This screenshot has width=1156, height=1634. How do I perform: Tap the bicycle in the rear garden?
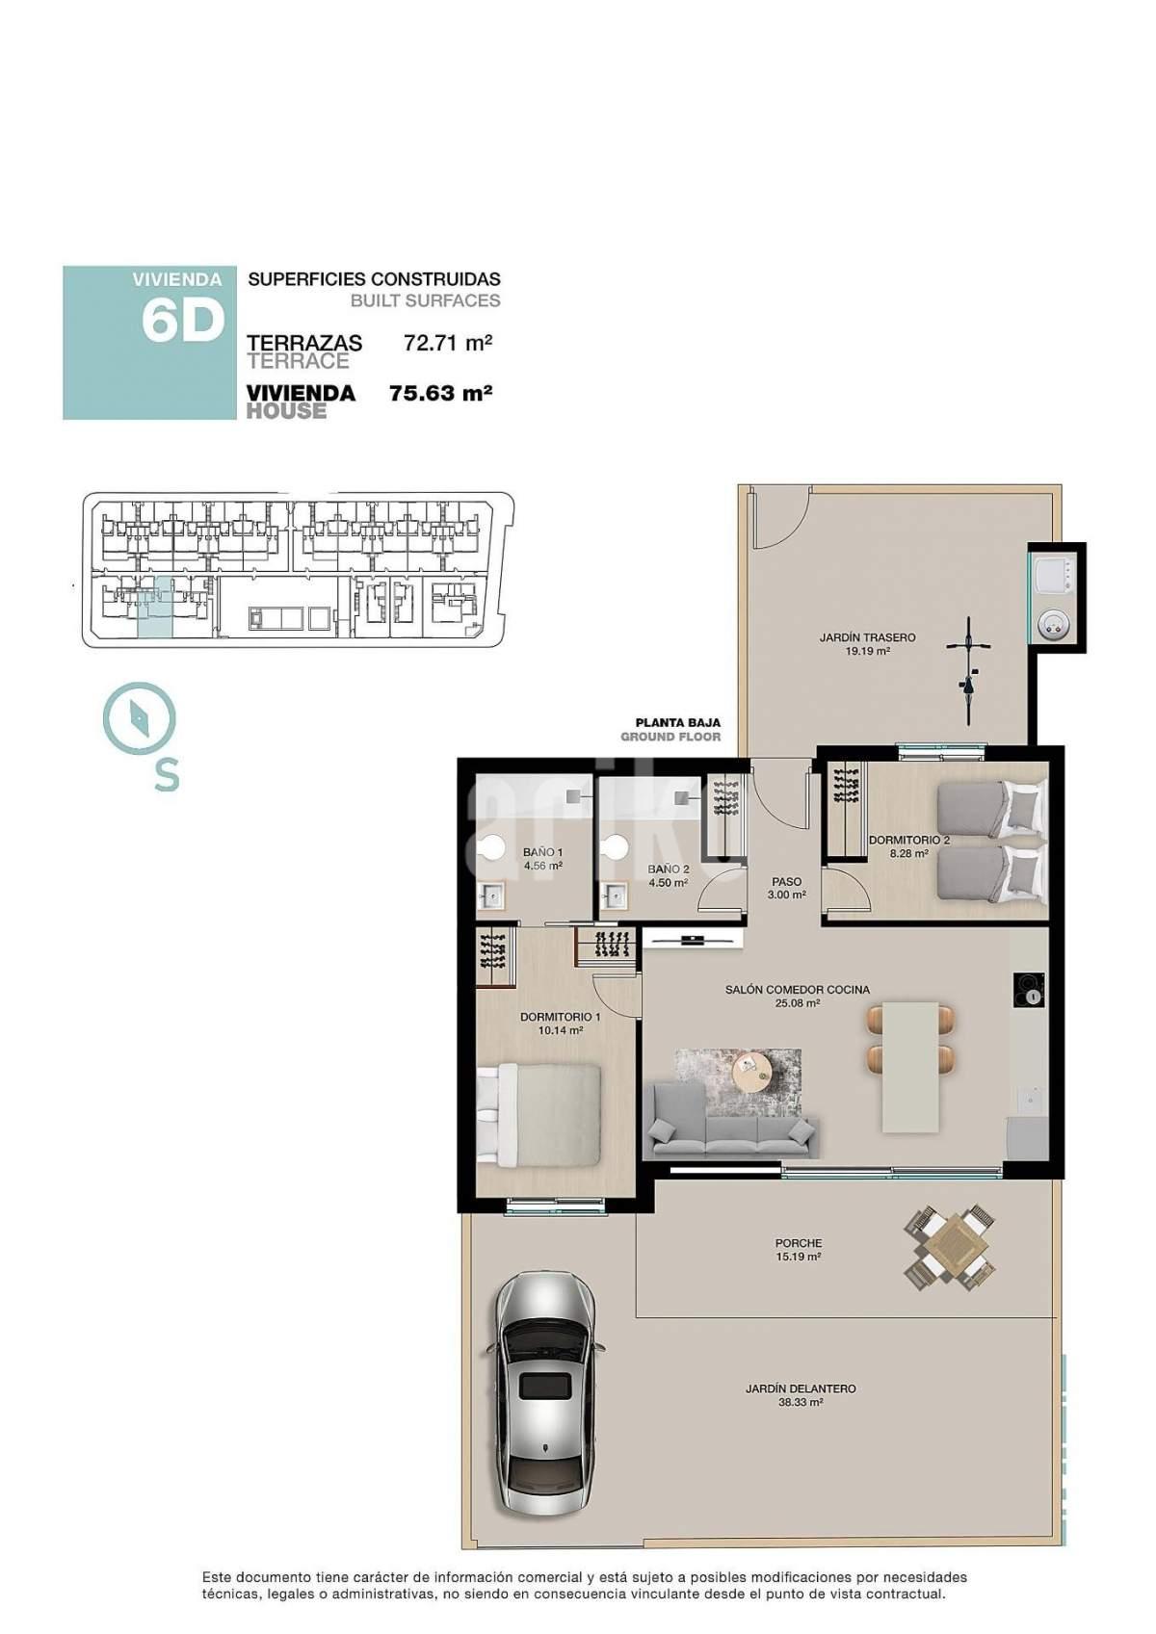[968, 669]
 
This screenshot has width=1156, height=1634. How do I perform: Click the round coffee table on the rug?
[754, 1071]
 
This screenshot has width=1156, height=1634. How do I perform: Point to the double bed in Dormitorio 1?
[539, 1115]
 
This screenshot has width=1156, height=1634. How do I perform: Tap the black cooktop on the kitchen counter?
[1028, 991]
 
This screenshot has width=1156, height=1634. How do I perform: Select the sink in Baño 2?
[615, 895]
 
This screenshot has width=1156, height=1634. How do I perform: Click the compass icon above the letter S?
[140, 717]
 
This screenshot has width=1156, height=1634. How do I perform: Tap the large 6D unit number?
[182, 321]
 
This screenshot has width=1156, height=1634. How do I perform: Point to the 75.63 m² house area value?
[441, 393]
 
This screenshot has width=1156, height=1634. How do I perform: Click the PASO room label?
[787, 882]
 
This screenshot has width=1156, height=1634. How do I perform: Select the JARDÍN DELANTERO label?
[801, 1388]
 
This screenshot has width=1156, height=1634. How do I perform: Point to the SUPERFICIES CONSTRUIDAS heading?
[375, 278]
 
